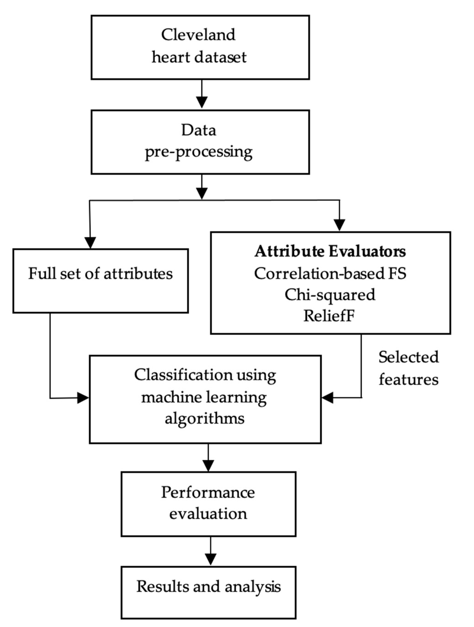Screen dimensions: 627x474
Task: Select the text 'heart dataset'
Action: pyautogui.click(x=199, y=57)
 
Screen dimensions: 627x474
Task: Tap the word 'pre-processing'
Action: pyautogui.click(x=199, y=152)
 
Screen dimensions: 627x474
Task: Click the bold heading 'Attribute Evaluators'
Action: pyautogui.click(x=330, y=251)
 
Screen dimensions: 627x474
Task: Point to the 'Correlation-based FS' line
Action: pyautogui.click(x=330, y=274)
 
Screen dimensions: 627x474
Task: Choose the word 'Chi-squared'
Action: pyautogui.click(x=330, y=295)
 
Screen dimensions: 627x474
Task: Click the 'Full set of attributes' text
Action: pyautogui.click(x=100, y=274)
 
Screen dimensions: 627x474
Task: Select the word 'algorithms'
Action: pyautogui.click(x=204, y=418)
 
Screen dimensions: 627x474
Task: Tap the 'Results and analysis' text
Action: pyautogui.click(x=208, y=587)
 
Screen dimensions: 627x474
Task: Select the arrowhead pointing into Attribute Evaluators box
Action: pyautogui.click(x=340, y=225)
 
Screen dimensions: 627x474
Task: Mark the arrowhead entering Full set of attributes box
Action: pyautogui.click(x=90, y=242)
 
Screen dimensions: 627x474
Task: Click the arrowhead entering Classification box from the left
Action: pyautogui.click(x=83, y=398)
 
